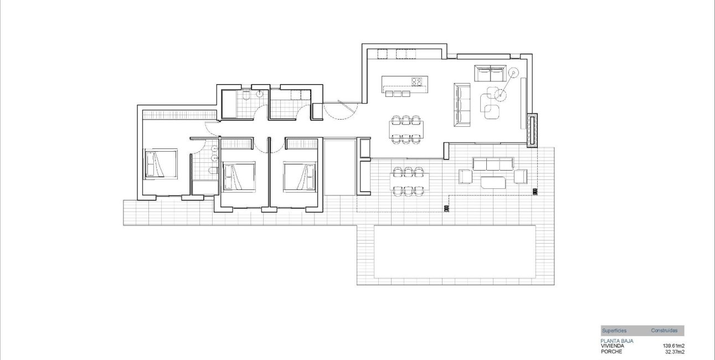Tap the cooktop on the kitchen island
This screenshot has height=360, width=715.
[x=417, y=82]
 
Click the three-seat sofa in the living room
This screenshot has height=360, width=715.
[x=462, y=104]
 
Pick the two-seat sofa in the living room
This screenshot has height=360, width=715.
[x=490, y=73]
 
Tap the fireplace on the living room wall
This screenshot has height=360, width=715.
[x=533, y=131]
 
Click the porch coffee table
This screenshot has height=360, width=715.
[x=493, y=182]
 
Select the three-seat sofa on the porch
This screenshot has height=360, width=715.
[x=492, y=163]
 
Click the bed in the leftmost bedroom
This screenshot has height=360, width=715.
[x=161, y=164]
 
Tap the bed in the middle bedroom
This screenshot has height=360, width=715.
[x=238, y=176]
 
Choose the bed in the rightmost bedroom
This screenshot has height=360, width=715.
[x=299, y=176]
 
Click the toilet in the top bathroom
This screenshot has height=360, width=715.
[x=246, y=95]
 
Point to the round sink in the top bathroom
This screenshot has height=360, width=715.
[x=259, y=94]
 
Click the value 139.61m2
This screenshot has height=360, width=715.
[x=673, y=346]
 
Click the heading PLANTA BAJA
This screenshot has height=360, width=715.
[x=617, y=341]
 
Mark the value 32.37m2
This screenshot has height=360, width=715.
[x=675, y=351]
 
